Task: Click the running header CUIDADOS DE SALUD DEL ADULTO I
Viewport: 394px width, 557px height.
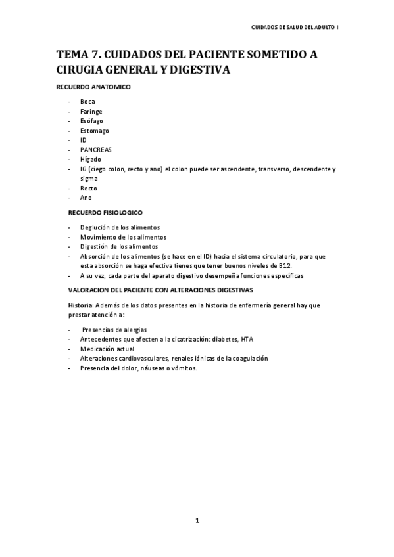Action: point(295,28)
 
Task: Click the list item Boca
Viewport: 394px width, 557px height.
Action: point(87,102)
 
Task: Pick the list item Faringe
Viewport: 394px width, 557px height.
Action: point(91,112)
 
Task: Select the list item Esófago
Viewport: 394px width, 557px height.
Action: point(91,121)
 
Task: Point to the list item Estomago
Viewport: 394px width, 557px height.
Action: point(95,131)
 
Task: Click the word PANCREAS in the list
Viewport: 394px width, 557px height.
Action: point(96,150)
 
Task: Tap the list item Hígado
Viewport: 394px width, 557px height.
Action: point(91,159)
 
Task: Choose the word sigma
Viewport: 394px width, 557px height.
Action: point(89,178)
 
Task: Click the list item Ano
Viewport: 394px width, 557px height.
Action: point(86,197)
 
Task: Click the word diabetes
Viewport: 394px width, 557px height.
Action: point(222,339)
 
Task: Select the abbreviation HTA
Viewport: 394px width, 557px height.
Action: point(247,339)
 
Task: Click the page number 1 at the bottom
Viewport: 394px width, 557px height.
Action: point(197,521)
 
